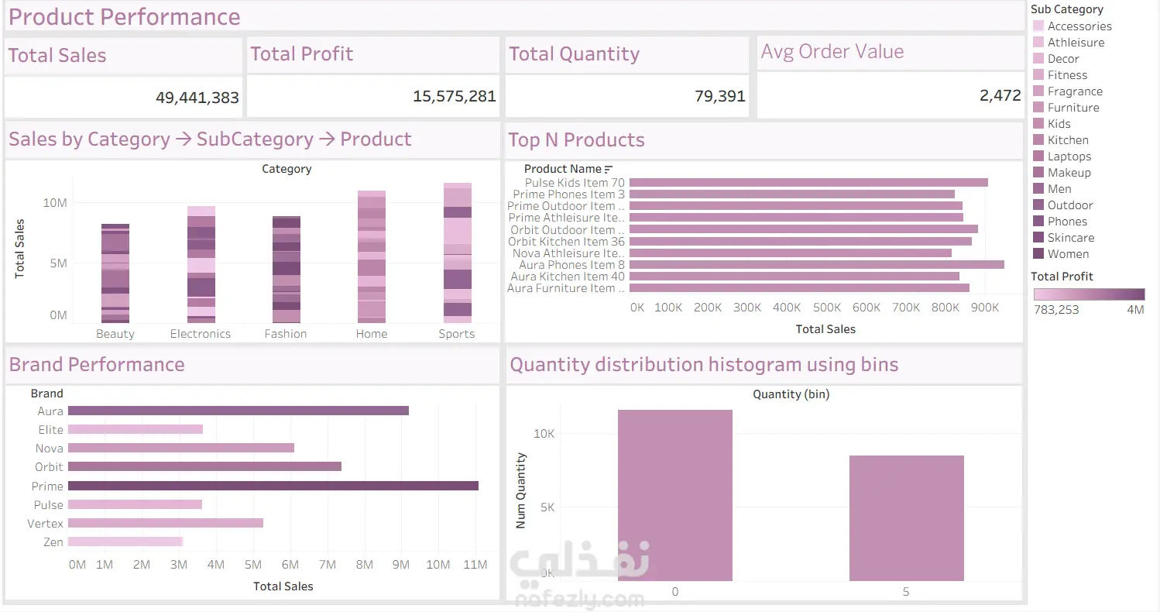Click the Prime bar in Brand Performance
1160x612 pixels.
click(273, 486)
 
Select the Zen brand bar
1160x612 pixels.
click(125, 542)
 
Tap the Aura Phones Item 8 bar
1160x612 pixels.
click(817, 265)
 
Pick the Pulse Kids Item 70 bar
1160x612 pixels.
click(808, 182)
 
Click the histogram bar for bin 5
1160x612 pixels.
click(906, 518)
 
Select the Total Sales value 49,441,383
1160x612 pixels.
click(197, 98)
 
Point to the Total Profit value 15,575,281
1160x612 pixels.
click(454, 96)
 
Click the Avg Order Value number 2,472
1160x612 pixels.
click(1000, 95)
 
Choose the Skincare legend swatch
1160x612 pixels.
click(1038, 237)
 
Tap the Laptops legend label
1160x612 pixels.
click(1069, 156)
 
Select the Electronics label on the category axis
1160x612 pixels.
click(201, 334)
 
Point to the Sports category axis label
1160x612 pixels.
click(456, 334)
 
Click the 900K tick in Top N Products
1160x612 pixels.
click(984, 308)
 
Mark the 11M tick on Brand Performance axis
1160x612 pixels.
click(475, 564)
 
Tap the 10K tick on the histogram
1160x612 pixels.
click(544, 434)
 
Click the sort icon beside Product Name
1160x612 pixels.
click(609, 169)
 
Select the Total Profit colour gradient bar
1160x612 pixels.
click(1089, 294)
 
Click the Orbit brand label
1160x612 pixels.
click(49, 467)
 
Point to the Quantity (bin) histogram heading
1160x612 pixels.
click(791, 394)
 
